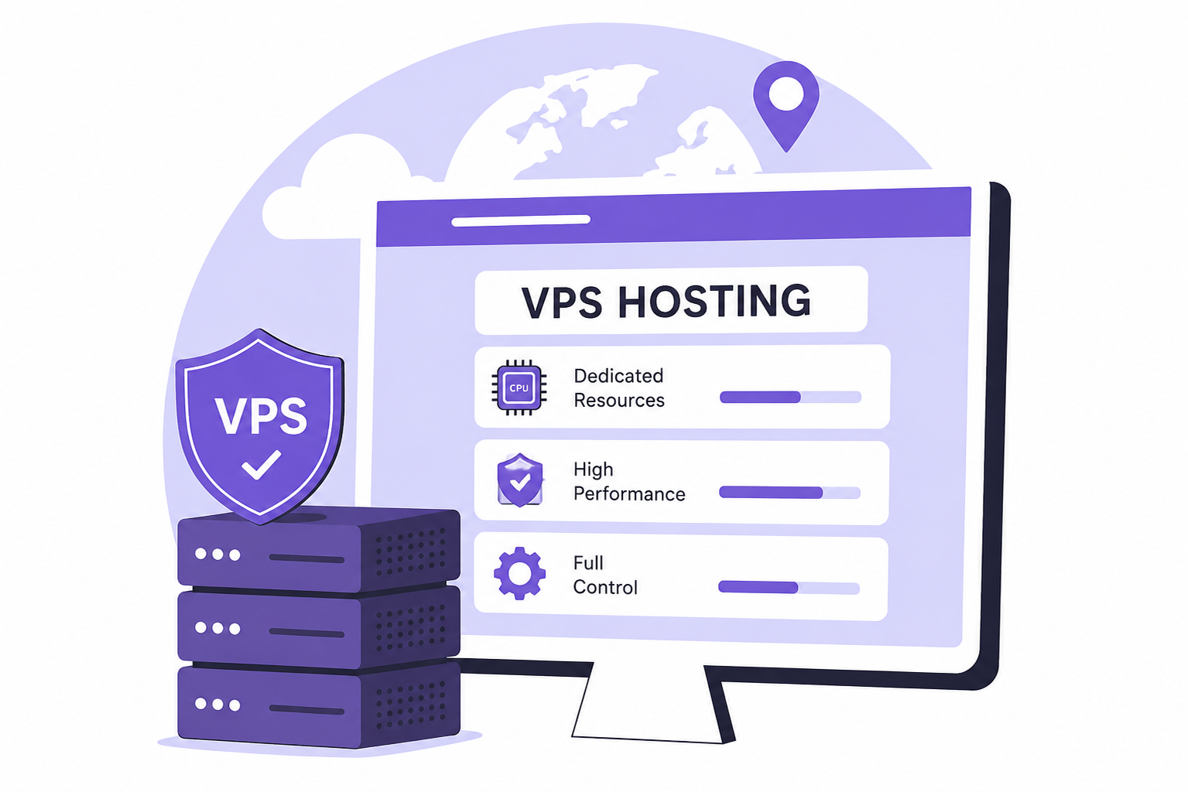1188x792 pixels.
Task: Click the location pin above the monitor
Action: [x=786, y=104]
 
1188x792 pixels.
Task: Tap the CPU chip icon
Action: [x=519, y=387]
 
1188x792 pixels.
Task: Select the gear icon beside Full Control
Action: [x=519, y=573]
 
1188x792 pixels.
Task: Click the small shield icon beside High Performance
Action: [x=520, y=480]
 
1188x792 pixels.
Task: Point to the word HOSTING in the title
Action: [x=714, y=301]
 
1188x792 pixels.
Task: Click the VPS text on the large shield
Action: [x=260, y=415]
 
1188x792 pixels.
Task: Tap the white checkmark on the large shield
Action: [x=261, y=465]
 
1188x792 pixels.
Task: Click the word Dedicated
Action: [x=618, y=376]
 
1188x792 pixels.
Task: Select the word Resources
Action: [x=619, y=400]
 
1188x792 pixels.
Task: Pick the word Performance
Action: [x=629, y=494]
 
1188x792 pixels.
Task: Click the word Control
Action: [x=605, y=587]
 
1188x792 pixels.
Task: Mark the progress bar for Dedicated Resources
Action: [x=790, y=397]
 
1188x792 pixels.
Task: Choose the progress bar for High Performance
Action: [x=789, y=493]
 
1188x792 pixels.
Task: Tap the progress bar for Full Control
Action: [x=789, y=587]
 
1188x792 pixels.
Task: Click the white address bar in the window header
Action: [x=521, y=220]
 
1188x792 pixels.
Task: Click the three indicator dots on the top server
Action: [x=217, y=555]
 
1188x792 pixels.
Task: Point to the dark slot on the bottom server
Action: [x=306, y=709]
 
